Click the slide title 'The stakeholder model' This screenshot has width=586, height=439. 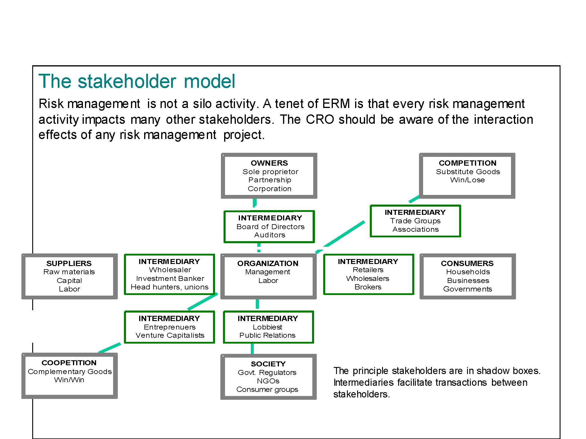137,81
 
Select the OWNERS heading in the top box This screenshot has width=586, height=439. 269,163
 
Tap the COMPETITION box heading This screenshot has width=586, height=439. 468,163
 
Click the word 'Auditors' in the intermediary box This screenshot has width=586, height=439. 270,235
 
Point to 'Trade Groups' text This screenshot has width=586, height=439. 415,221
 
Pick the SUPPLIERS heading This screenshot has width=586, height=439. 69,263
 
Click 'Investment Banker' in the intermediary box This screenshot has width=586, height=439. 170,279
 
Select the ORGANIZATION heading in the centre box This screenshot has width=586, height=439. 268,263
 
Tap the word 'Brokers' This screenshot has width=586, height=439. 368,287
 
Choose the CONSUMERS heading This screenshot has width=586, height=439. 467,263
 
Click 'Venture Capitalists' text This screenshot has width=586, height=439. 170,335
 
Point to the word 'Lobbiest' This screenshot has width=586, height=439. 268,327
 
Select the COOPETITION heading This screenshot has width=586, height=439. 69,363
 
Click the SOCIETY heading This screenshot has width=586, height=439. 268,364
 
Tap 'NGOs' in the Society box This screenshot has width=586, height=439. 268,381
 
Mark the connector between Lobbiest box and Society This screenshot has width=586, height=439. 252,349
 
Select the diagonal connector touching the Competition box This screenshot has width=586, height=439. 414,199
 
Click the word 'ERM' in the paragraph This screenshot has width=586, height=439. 336,104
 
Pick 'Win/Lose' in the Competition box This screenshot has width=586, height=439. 468,180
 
